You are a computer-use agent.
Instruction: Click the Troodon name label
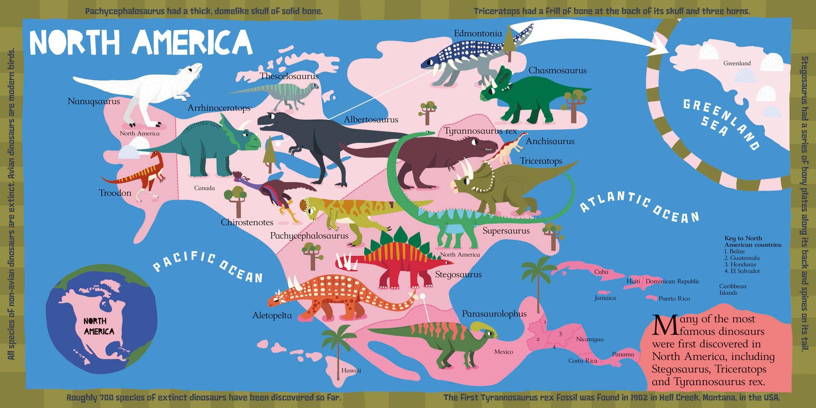[x=115, y=193]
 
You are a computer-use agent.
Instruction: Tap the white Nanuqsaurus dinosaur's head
[x=194, y=69]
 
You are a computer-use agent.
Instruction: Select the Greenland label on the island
[x=737, y=63]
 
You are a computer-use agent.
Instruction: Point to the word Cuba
[x=601, y=272]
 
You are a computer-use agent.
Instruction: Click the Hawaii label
[x=351, y=371]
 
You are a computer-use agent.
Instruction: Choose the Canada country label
[x=204, y=188]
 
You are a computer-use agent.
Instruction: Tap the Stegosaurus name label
[x=458, y=274]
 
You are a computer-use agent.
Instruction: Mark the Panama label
[x=623, y=354]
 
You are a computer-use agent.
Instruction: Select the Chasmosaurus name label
[x=557, y=70]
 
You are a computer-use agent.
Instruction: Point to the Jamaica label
[x=605, y=298]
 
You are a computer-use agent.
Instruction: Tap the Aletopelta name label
[x=272, y=316]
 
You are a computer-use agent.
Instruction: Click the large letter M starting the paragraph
[x=664, y=324]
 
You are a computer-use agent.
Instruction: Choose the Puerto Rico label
[x=674, y=299]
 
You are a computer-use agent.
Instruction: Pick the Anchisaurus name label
[x=550, y=141]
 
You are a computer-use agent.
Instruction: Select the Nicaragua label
[x=590, y=339]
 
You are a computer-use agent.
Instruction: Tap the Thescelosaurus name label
[x=289, y=76]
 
